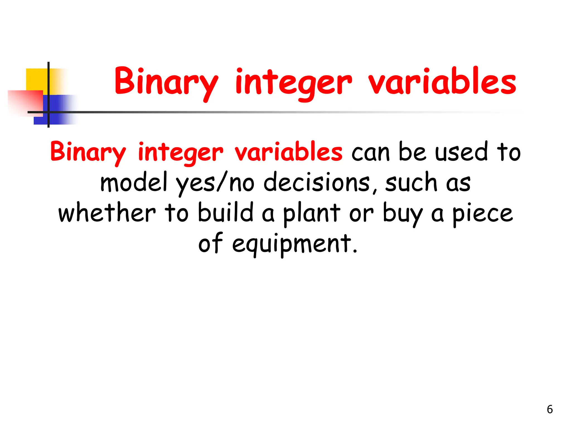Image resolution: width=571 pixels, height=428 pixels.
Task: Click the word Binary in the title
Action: (166, 82)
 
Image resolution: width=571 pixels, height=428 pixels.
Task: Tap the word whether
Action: (107, 213)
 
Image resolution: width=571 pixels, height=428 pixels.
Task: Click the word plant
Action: (312, 214)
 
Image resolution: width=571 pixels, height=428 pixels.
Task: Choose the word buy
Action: (403, 214)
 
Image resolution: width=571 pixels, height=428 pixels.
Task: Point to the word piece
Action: (482, 214)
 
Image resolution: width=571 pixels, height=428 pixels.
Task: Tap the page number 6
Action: (550, 409)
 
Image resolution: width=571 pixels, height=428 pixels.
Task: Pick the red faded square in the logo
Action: (25, 102)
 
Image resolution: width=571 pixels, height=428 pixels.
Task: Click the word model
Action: (134, 182)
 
